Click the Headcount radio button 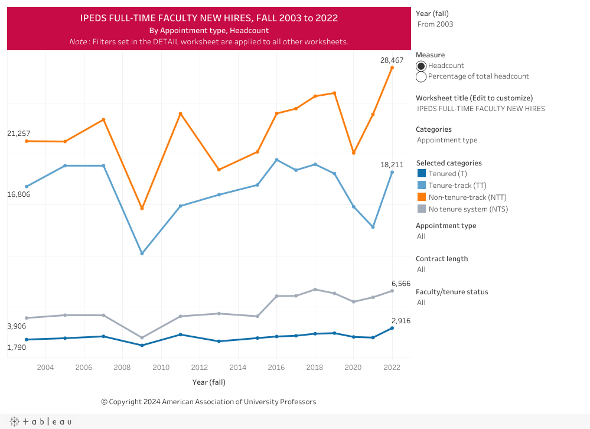421,66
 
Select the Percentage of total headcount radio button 421,77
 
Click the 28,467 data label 392,60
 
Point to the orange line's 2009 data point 142,209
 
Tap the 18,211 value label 392,165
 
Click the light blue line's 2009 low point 142,253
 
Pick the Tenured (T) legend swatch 422,174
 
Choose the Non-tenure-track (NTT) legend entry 467,197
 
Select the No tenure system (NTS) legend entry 468,209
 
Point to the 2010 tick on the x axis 161,367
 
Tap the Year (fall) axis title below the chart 209,382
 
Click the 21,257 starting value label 18,134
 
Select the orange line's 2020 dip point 354,153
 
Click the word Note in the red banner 78,42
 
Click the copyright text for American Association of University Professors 208,402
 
